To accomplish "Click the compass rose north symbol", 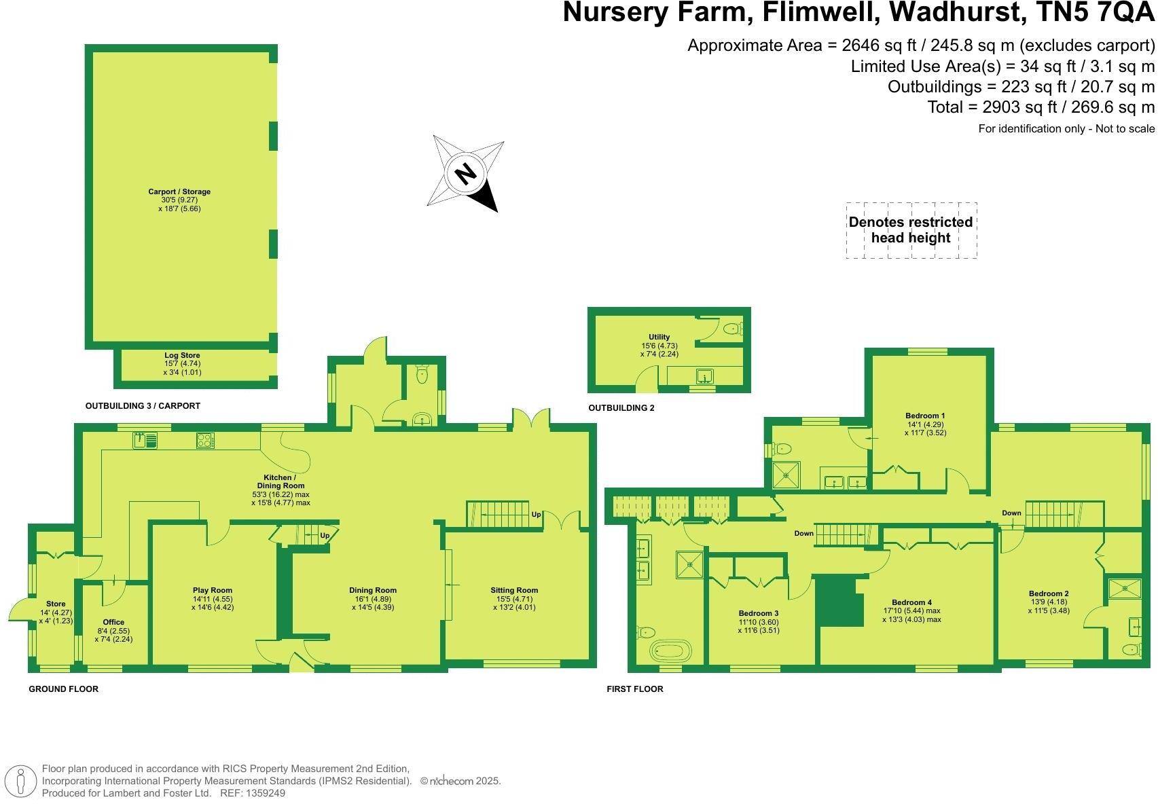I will (x=466, y=174).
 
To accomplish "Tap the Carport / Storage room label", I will (x=179, y=192).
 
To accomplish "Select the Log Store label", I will (x=182, y=355).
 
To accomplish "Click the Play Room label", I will (x=213, y=591).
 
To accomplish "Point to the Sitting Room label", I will (x=514, y=591).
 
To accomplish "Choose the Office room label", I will (x=113, y=622).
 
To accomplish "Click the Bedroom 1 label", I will (x=925, y=416).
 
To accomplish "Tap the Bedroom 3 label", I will (x=759, y=614).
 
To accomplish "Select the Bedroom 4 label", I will (x=912, y=602).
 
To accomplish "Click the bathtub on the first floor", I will (x=670, y=652).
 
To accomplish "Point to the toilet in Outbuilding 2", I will (x=732, y=329).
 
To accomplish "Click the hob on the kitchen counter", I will (x=205, y=441).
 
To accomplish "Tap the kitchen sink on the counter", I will (x=145, y=441).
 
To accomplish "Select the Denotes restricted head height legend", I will (x=911, y=230).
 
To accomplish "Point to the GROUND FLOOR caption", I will (x=63, y=689).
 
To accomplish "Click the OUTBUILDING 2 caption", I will (x=621, y=408).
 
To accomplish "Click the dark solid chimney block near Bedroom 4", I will (x=838, y=600).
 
